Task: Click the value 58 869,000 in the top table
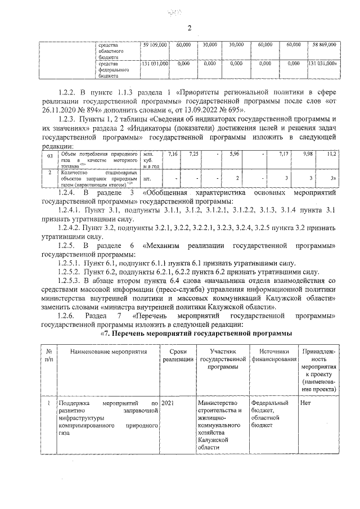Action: point(323,44)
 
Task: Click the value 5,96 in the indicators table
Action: point(236,153)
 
